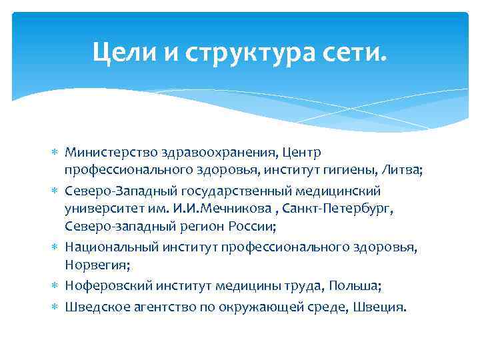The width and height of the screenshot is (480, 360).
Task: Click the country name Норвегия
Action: (x=92, y=265)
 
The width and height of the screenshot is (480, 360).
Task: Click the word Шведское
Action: (x=95, y=307)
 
